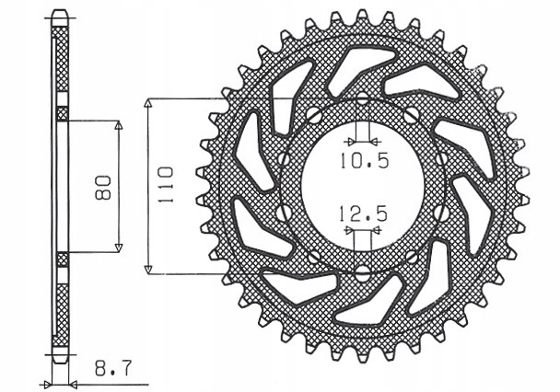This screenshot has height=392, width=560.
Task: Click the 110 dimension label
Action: [166, 184]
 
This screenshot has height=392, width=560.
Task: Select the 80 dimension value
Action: [104, 187]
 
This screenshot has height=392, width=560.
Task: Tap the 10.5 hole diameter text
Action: [364, 160]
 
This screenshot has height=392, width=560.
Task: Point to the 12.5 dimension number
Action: [363, 214]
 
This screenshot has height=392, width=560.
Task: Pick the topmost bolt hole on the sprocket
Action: [363, 98]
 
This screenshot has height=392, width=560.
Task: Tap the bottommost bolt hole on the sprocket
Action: [363, 271]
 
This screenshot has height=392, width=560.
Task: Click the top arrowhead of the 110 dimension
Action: [148, 103]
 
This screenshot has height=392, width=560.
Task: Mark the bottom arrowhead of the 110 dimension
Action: [148, 270]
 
